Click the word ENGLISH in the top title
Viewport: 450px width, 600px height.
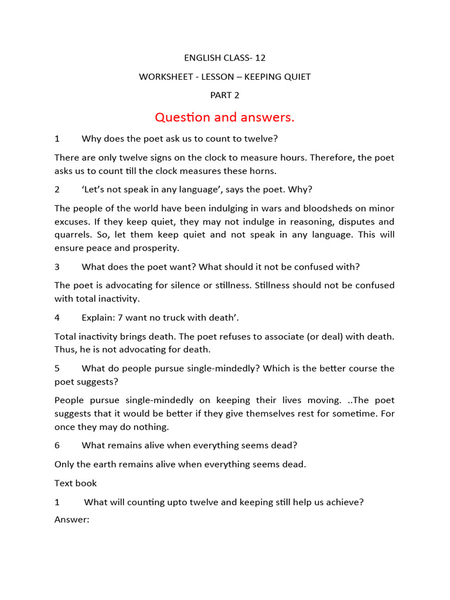(x=202, y=58)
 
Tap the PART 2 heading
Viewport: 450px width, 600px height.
(x=225, y=96)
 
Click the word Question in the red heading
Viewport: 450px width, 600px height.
(x=182, y=118)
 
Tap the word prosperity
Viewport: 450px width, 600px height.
(x=141, y=248)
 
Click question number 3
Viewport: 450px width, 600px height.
(x=57, y=267)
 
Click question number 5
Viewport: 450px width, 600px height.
(x=57, y=369)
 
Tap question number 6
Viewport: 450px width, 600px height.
(x=57, y=445)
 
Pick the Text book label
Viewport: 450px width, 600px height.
(x=76, y=483)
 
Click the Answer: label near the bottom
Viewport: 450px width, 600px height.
(x=71, y=520)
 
